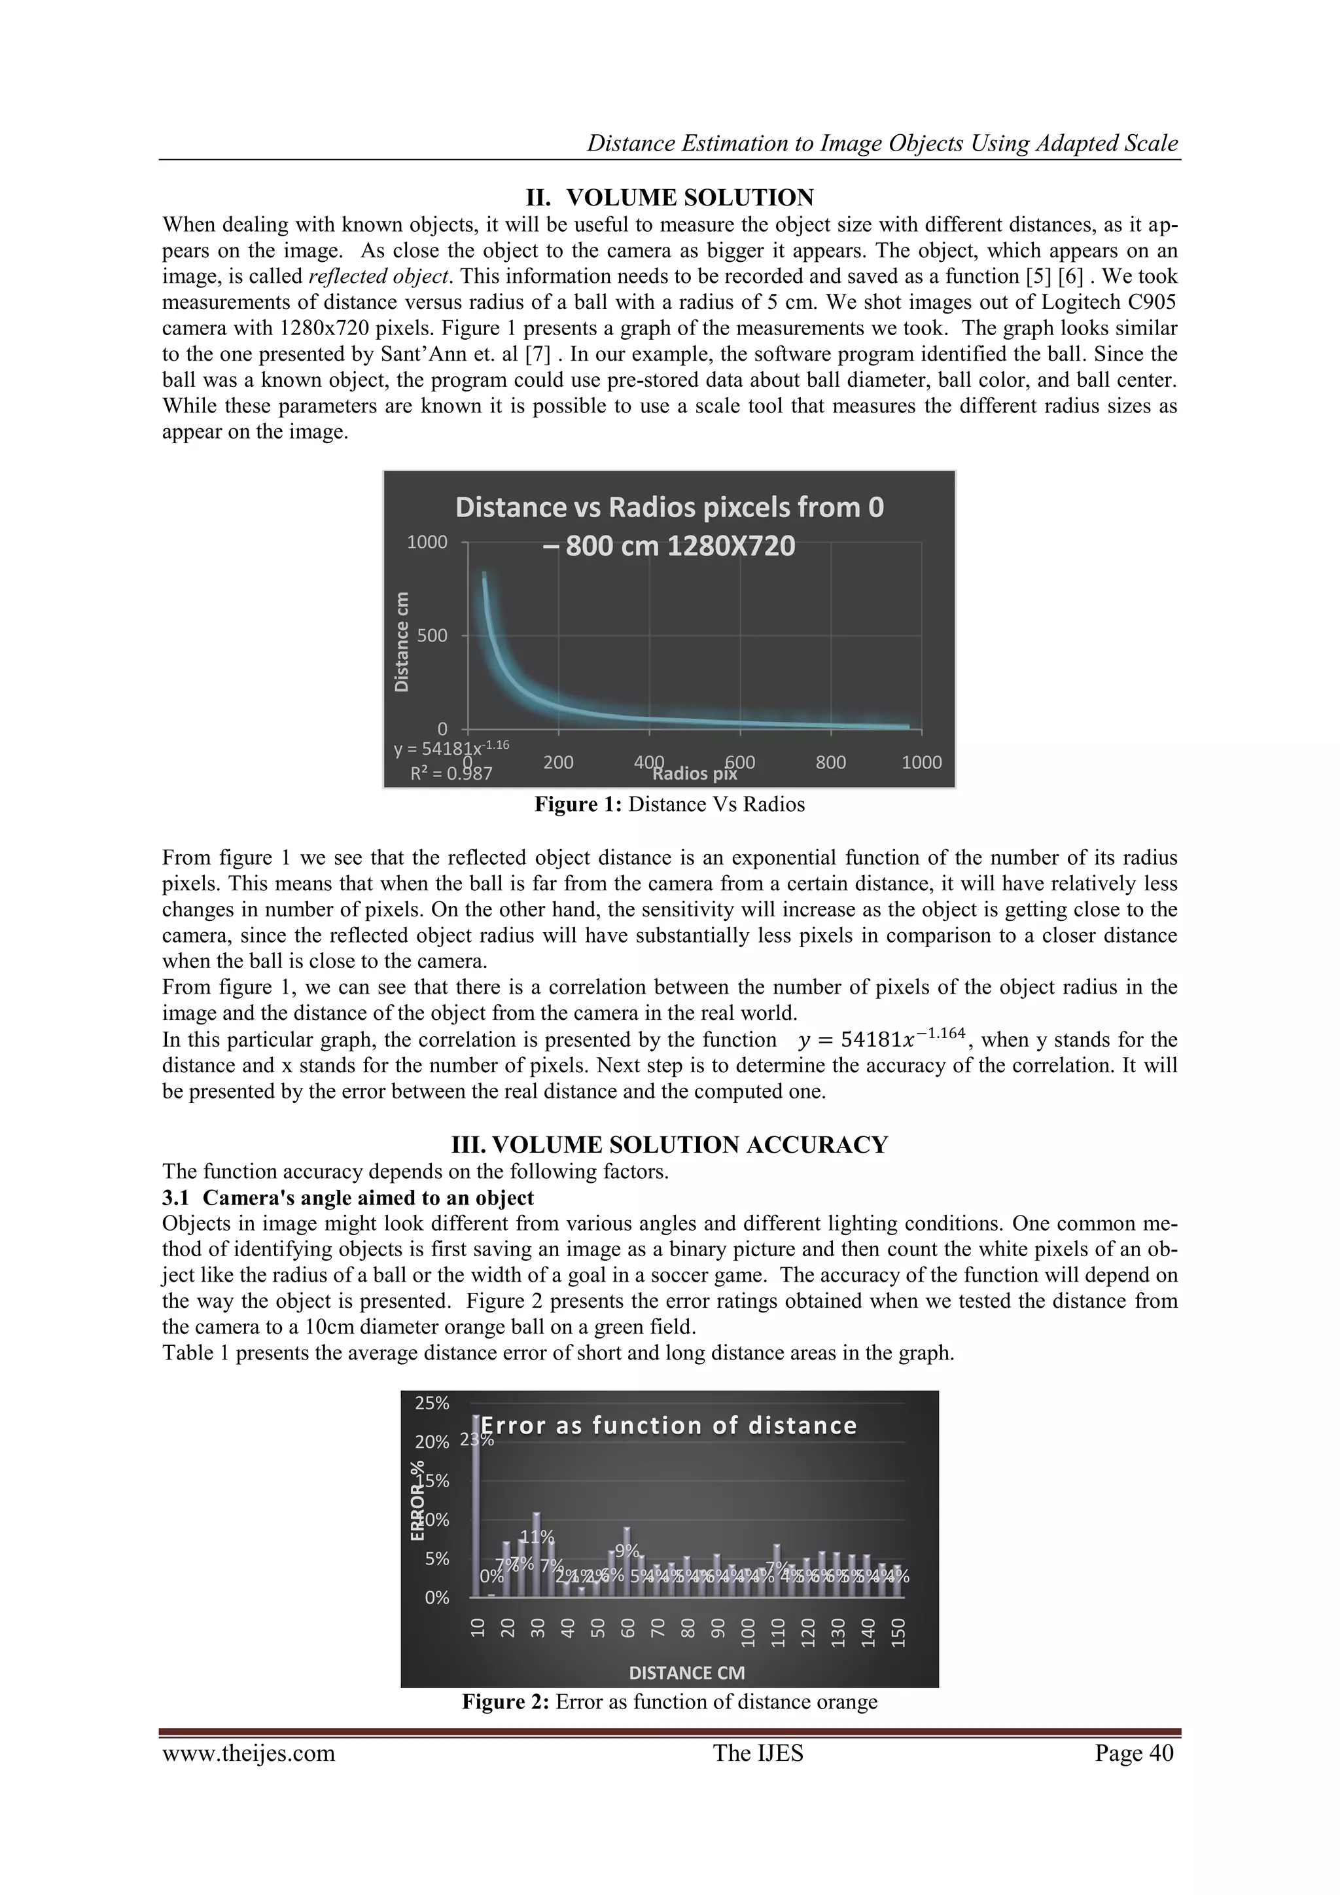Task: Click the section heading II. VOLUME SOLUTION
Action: pos(669,198)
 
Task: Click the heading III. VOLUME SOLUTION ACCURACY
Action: pos(669,1145)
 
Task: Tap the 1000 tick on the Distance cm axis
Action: pos(427,542)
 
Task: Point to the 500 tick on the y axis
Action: pos(432,636)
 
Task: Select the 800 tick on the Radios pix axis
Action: pos(830,762)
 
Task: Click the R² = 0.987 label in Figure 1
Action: pos(451,773)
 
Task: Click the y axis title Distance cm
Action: pos(401,641)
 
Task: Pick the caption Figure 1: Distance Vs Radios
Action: pos(669,804)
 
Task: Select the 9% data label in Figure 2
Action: pos(628,1551)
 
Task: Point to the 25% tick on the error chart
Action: pos(432,1403)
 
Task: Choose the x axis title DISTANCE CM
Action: pos(686,1673)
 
